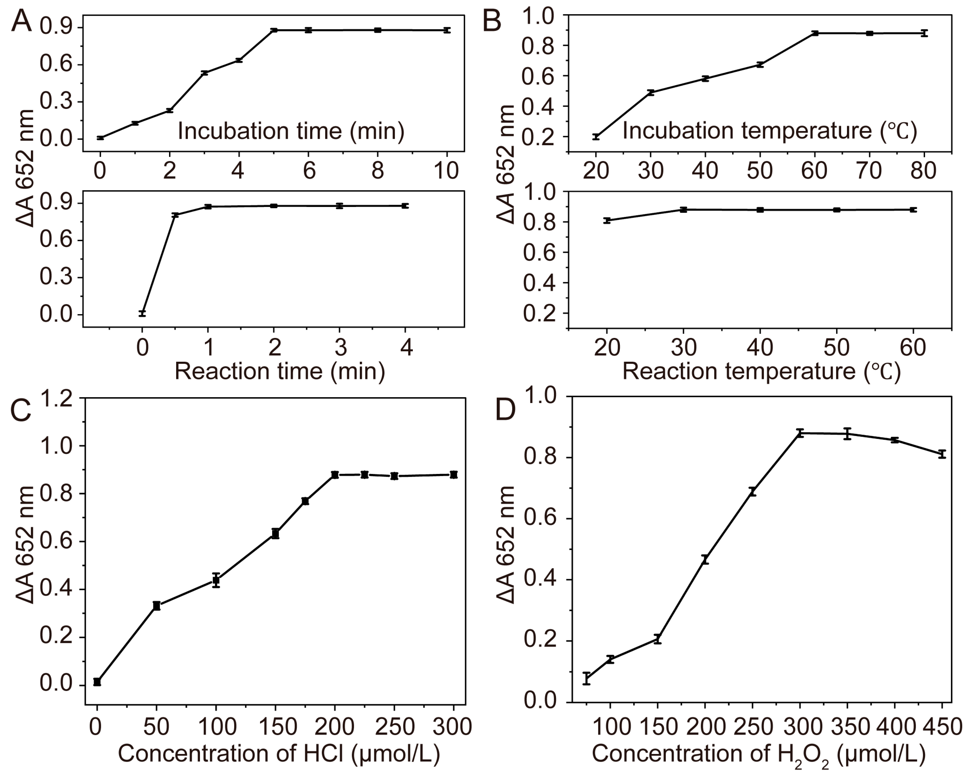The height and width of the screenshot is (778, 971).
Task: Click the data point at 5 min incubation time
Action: click(274, 30)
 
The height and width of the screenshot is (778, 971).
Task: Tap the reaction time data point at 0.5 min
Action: click(175, 215)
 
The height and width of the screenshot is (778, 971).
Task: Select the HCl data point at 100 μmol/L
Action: click(216, 580)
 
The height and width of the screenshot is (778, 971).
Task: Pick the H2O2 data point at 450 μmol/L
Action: click(942, 454)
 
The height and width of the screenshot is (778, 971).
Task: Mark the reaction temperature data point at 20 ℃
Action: click(607, 220)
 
